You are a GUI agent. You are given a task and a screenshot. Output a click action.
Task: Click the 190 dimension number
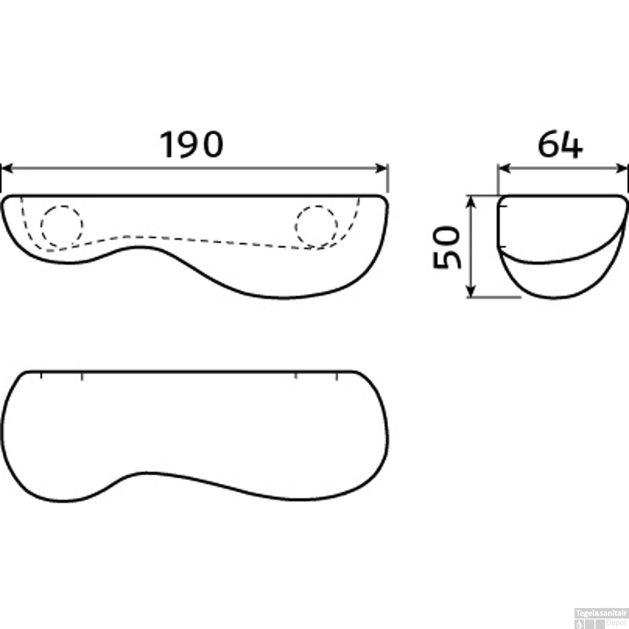pyautogui.click(x=192, y=145)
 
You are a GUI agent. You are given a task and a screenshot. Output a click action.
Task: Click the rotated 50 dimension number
pyautogui.click(x=447, y=247)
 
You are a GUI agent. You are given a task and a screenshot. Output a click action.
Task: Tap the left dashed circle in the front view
pyautogui.click(x=62, y=226)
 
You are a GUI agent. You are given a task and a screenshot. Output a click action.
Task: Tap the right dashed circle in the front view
pyautogui.click(x=316, y=226)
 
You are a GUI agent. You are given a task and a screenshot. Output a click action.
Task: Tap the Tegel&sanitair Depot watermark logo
pyautogui.click(x=601, y=619)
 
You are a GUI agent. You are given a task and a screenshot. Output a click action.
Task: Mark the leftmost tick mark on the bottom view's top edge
pyautogui.click(x=41, y=376)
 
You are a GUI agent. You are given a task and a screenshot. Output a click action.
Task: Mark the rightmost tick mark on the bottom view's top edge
pyautogui.click(x=337, y=376)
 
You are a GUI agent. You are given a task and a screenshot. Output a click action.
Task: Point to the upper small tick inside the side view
pyautogui.click(x=502, y=206)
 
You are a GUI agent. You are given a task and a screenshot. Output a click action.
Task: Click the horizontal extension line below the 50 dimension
pyautogui.click(x=495, y=297)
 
